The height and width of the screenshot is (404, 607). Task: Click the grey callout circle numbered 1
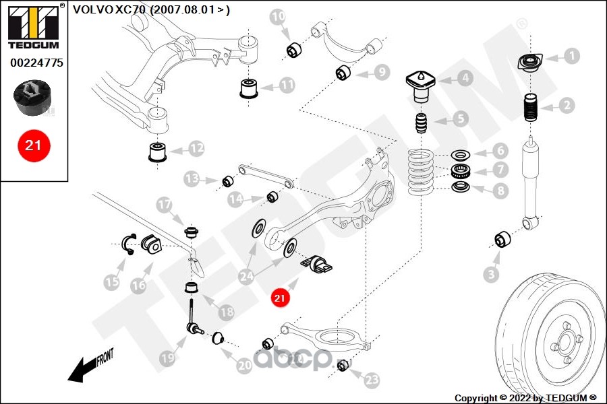pyautogui.click(x=572, y=56)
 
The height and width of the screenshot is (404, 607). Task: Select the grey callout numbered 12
pyautogui.click(x=197, y=148)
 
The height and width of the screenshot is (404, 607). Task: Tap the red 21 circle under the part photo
pyautogui.click(x=33, y=145)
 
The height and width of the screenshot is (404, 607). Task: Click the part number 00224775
pyautogui.click(x=36, y=63)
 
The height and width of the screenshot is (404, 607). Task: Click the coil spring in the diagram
pyautogui.click(x=421, y=172)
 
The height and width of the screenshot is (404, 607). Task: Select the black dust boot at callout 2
pyautogui.click(x=531, y=108)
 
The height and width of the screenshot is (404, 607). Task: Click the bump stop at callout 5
pyautogui.click(x=421, y=123)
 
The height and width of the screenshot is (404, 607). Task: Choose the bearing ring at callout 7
pyautogui.click(x=460, y=170)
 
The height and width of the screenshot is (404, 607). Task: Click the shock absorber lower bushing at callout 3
pyautogui.click(x=502, y=239)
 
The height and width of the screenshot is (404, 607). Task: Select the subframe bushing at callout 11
pyautogui.click(x=249, y=88)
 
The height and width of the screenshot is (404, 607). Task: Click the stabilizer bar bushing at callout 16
pyautogui.click(x=151, y=244)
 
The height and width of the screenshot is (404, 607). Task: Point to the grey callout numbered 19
pyautogui.click(x=168, y=358)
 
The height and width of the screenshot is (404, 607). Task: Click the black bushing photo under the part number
pyautogui.click(x=32, y=98)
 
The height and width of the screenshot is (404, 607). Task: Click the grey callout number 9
pyautogui.click(x=382, y=72)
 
